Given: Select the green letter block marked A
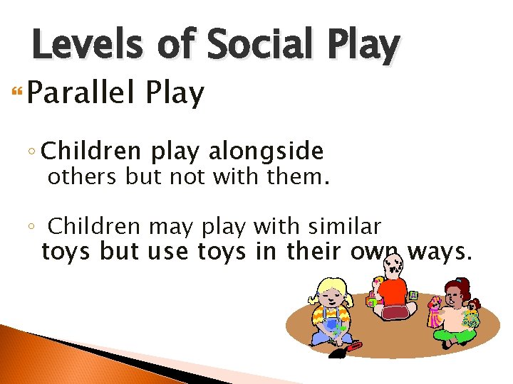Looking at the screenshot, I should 413,294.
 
